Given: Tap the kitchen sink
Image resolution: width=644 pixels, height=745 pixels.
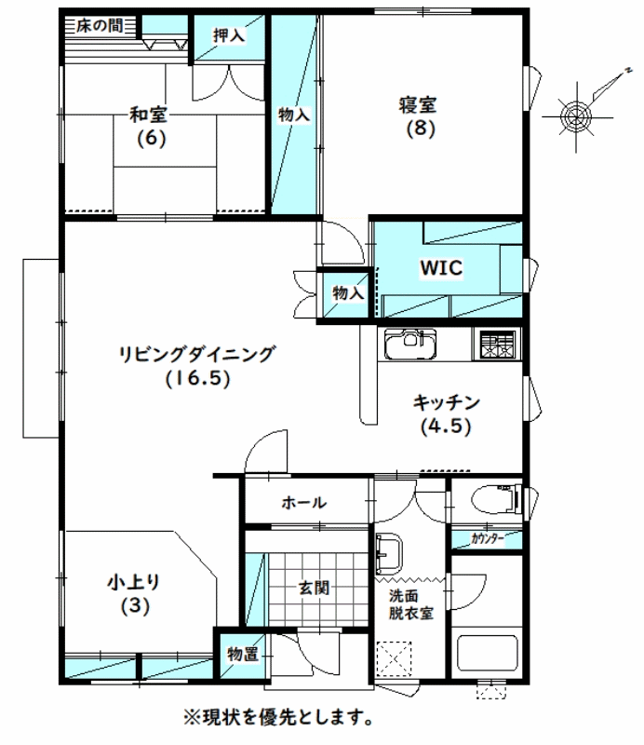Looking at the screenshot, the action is [x=410, y=344].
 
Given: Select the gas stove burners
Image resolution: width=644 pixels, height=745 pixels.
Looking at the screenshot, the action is [x=497, y=344].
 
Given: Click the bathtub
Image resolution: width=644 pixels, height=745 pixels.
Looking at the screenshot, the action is [x=487, y=654].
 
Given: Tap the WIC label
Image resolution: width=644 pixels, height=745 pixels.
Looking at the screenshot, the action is [x=441, y=268].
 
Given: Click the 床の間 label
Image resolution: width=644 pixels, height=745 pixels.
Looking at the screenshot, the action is [x=100, y=25].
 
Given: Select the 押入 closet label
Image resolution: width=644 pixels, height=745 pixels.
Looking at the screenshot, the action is [x=229, y=35].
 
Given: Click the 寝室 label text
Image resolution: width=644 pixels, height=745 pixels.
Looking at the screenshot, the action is [x=418, y=105].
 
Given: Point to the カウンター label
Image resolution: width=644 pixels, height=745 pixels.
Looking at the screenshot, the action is [x=488, y=539].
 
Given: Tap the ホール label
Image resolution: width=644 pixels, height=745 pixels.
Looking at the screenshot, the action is [x=304, y=502].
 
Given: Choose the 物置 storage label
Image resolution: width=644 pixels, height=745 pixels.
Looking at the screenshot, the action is [x=243, y=655].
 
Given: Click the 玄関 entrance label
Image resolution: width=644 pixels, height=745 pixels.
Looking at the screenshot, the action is [x=314, y=588].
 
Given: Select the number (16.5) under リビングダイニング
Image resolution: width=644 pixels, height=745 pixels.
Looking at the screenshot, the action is [x=198, y=378].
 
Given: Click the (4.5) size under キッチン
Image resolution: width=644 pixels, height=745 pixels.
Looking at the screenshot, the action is [x=446, y=426].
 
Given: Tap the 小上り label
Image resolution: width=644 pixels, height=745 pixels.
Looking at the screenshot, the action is [x=133, y=582].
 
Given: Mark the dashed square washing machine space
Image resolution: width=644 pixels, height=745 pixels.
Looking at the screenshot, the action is [x=394, y=658].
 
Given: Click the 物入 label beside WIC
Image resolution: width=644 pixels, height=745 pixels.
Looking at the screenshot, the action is [x=348, y=293].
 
